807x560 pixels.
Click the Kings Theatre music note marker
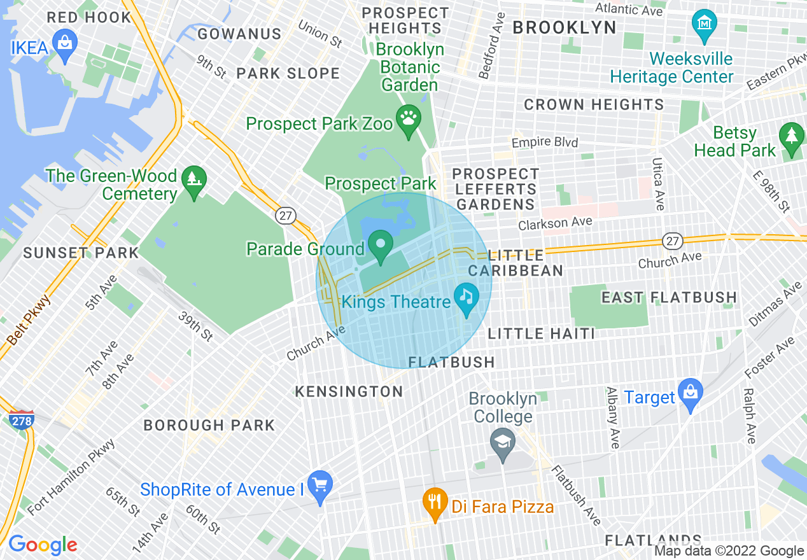tap(467, 297)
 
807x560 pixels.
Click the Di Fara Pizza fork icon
tap(435, 501)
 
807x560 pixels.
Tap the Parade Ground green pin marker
tap(381, 244)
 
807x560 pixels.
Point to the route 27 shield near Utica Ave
tap(673, 241)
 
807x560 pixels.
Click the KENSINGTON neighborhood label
tap(349, 391)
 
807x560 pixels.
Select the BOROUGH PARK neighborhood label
tap(209, 425)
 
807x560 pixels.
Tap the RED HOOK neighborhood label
tap(88, 17)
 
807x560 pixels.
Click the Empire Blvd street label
tap(545, 143)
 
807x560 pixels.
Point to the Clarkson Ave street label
tap(555, 223)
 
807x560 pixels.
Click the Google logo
tap(43, 545)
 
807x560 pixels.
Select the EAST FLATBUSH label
tap(669, 297)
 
